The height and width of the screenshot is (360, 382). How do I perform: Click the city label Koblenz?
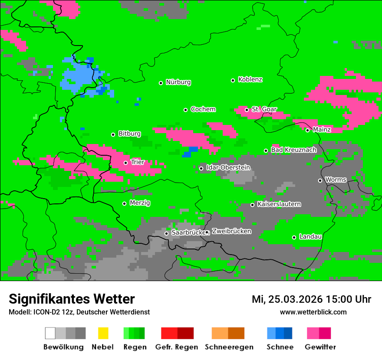250,79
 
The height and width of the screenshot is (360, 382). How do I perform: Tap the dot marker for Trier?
125,163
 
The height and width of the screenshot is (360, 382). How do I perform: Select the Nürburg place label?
178,82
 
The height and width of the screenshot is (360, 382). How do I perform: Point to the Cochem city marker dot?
185,110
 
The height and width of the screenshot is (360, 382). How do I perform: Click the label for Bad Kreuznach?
293,150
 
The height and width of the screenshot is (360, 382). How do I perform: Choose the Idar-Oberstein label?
228,167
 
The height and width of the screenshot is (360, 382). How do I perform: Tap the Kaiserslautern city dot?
252,205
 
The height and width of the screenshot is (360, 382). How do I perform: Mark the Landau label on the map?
310,236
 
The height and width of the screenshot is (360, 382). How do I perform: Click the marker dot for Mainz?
307,130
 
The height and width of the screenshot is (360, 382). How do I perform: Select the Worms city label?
336,180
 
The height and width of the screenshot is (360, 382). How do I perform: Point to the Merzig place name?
140,203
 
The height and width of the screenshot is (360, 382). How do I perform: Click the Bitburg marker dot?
113,134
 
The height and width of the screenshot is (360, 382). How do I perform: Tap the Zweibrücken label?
231,231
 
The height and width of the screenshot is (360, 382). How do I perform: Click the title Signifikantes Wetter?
72,299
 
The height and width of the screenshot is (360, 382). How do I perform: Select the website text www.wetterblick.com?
313,312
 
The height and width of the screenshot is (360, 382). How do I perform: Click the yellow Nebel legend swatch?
103,333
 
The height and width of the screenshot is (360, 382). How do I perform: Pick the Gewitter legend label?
320,347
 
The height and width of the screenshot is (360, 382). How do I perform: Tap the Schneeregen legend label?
229,347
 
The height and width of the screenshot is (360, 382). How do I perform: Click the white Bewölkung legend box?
50,333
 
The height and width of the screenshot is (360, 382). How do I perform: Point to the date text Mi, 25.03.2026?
287,299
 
